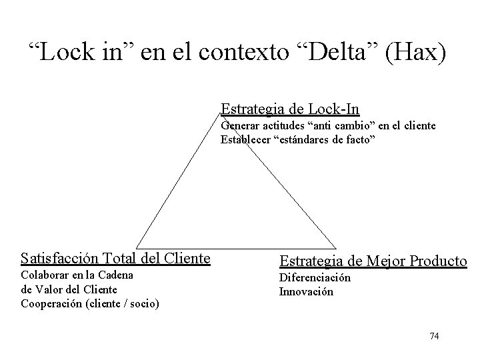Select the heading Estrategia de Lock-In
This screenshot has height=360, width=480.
click(x=290, y=108)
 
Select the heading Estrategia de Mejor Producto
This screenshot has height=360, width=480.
click(x=373, y=261)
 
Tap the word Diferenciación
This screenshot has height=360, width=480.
click(x=315, y=278)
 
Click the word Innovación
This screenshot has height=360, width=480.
click(x=306, y=291)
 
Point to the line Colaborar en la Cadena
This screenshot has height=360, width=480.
click(x=77, y=275)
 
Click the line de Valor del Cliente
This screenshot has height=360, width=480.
click(x=69, y=289)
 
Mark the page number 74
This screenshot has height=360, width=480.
click(x=434, y=336)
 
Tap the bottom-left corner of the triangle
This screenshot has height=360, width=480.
click(x=137, y=248)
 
